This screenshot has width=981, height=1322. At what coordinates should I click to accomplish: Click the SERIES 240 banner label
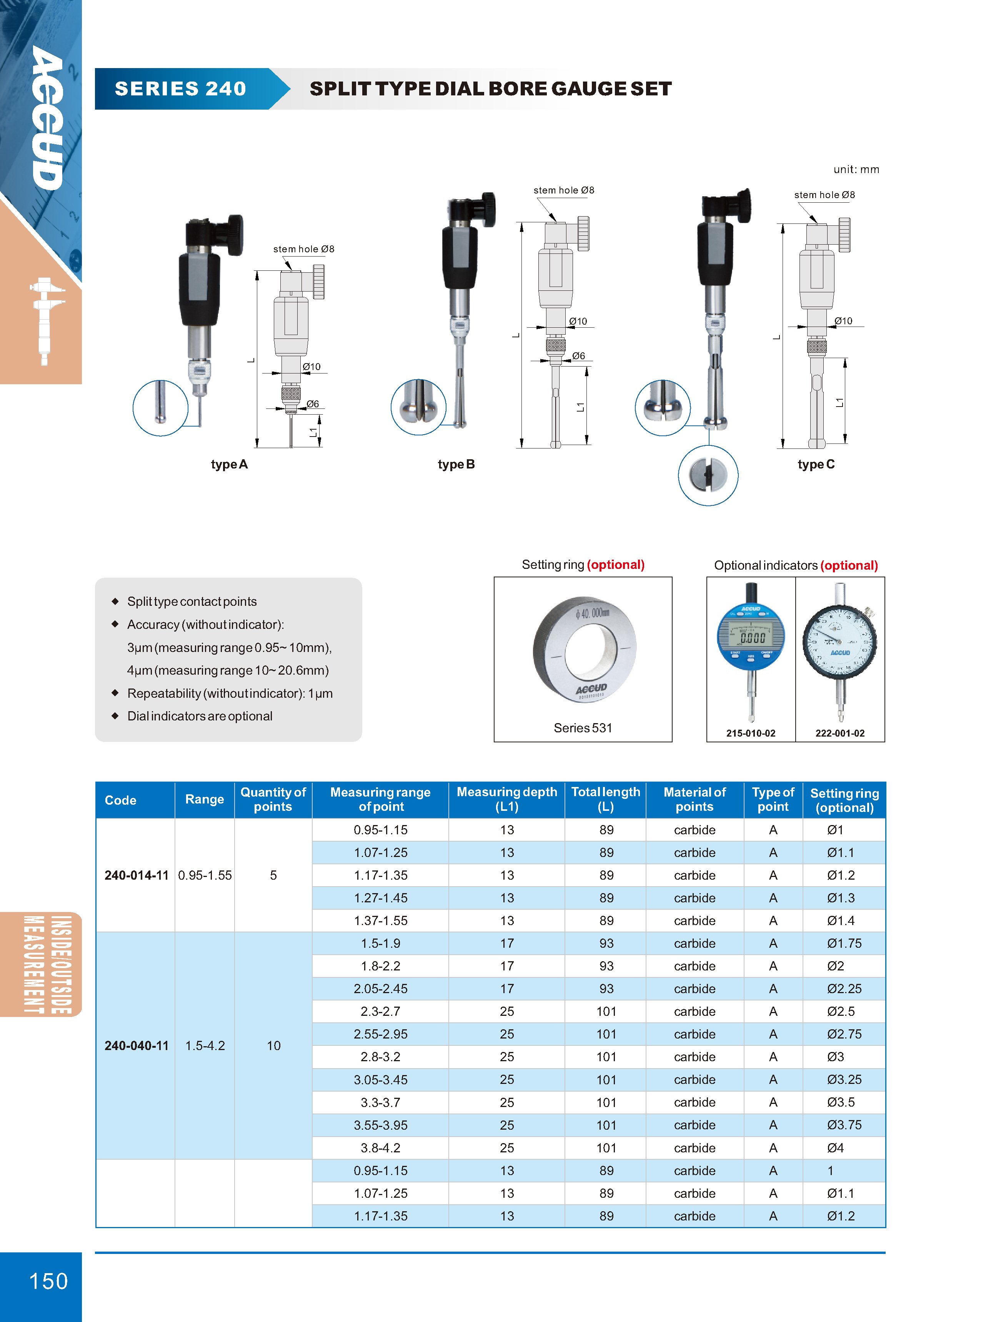click(180, 88)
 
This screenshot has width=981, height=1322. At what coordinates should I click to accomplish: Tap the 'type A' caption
click(229, 464)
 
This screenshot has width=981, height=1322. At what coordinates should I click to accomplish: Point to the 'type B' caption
click(456, 464)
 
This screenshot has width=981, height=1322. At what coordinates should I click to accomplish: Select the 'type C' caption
click(816, 464)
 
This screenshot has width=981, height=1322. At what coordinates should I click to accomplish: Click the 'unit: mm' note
click(856, 169)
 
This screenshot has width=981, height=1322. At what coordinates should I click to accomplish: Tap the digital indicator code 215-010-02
click(751, 733)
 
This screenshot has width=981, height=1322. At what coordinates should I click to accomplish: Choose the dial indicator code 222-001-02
click(839, 733)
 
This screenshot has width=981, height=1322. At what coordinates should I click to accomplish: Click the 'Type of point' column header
click(773, 799)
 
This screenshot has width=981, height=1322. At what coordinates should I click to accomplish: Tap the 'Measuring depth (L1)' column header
click(506, 799)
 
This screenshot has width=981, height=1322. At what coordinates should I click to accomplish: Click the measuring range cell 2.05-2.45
click(381, 989)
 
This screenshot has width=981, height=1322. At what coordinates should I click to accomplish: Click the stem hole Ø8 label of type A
click(303, 249)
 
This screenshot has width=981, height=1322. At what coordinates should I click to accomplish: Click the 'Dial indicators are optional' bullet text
click(200, 716)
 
